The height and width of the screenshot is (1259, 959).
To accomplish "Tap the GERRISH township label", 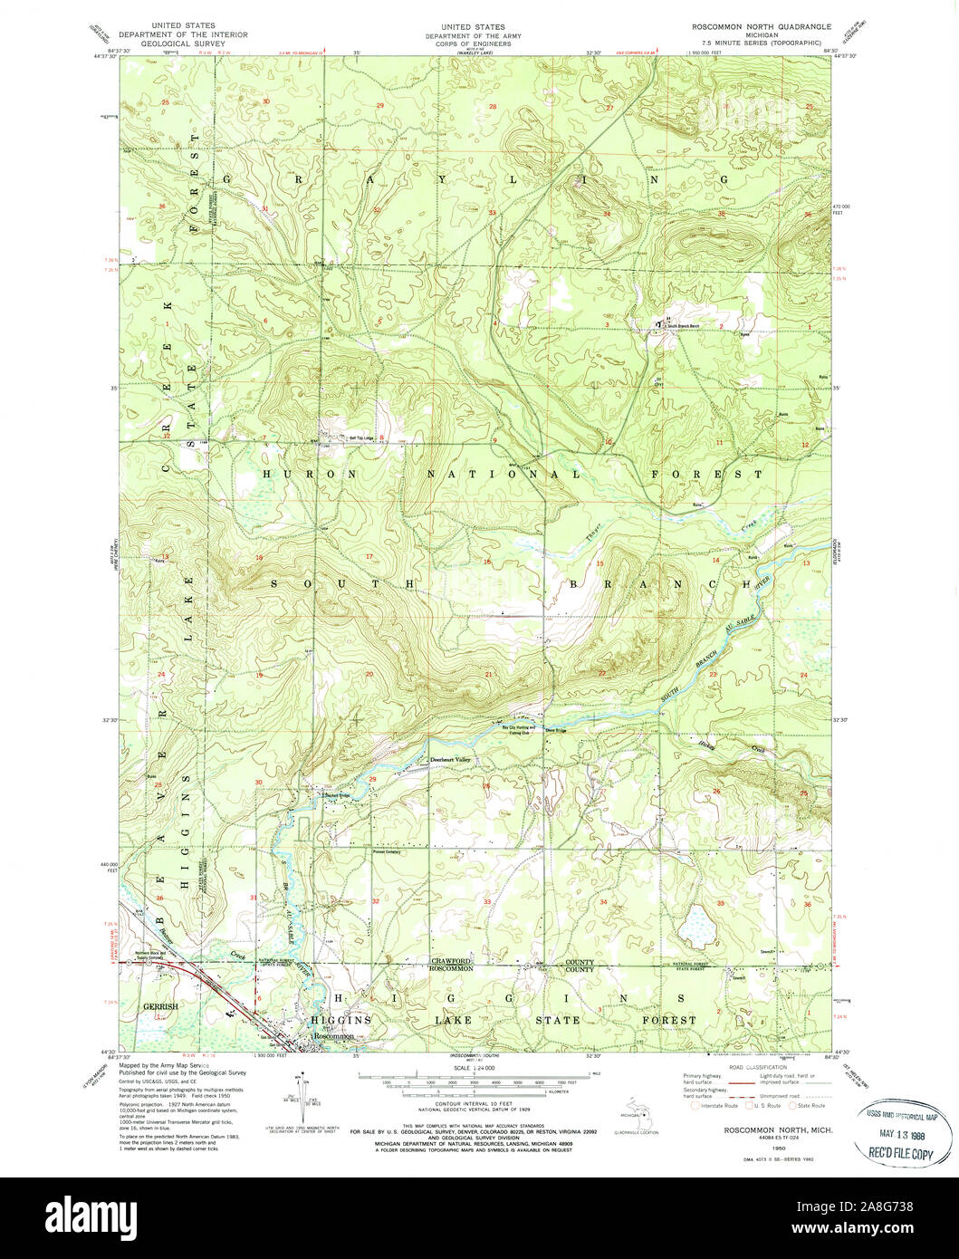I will point(160,1006).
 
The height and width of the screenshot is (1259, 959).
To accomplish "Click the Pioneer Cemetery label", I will point(387,852).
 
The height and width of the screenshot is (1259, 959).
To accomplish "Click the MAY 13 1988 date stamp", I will point(901,1136).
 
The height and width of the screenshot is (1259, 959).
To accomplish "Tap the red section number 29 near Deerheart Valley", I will point(372,779).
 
